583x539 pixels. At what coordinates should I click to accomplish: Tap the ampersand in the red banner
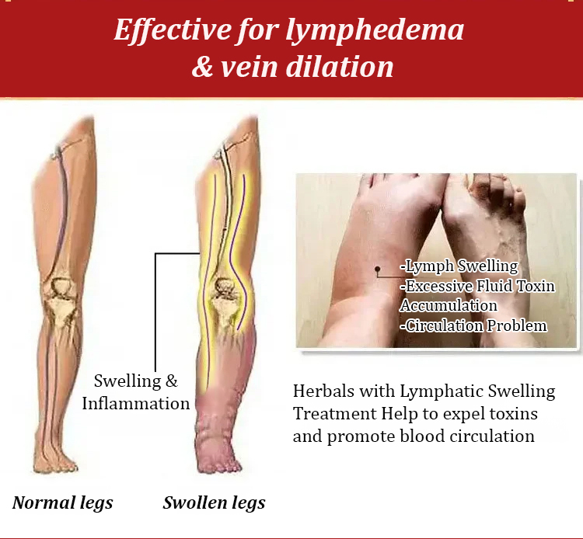click(x=202, y=67)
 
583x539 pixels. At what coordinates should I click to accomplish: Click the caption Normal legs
click(x=62, y=503)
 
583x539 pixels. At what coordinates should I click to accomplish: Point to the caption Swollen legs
click(x=215, y=503)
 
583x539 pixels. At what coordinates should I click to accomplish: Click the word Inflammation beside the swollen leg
click(x=136, y=403)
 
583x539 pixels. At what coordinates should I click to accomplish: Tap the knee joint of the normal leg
click(x=60, y=297)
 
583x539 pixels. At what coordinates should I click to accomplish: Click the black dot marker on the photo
click(x=377, y=269)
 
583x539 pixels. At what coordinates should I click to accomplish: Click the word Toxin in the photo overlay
click(x=536, y=286)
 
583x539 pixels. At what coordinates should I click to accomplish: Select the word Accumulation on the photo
click(x=449, y=306)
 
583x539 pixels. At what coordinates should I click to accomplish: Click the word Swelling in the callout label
click(x=127, y=381)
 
